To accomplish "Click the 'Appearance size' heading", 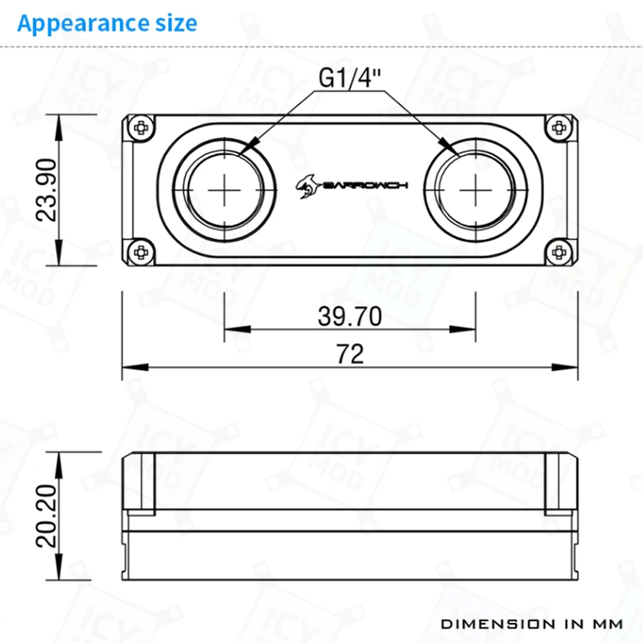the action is [107, 24].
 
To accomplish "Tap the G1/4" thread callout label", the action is [349, 78].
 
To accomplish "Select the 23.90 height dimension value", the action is [46, 190].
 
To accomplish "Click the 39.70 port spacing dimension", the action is [350, 316].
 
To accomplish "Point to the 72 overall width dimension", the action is [350, 354].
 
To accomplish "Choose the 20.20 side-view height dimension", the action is [46, 516].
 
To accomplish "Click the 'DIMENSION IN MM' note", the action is [532, 624].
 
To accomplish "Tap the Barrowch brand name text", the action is [365, 186].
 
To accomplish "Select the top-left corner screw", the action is [141, 128].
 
